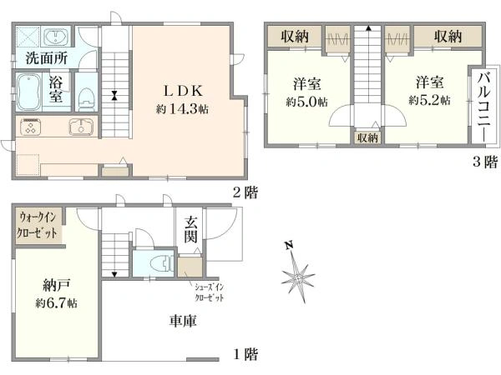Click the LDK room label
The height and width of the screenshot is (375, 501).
[184, 92]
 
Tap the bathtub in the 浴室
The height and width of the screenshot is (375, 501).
[28, 92]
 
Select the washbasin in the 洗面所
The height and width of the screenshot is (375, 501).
[56, 37]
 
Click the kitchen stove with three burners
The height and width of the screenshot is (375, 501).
[31, 127]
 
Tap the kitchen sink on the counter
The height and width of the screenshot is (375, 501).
[81, 127]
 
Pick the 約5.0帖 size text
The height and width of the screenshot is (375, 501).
[306, 102]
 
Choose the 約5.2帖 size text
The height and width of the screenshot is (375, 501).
[429, 101]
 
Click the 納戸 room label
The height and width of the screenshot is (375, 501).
[56, 285]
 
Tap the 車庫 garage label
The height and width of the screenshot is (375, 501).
[183, 321]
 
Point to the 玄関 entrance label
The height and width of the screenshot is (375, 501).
[190, 229]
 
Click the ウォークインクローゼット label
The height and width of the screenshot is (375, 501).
[38, 226]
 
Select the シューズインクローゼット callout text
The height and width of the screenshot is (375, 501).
[210, 292]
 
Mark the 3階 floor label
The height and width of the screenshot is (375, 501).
[485, 162]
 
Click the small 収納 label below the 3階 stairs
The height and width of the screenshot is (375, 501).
[367, 137]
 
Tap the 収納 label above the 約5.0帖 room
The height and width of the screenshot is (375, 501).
[295, 37]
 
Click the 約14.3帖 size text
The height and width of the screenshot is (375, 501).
[182, 109]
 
